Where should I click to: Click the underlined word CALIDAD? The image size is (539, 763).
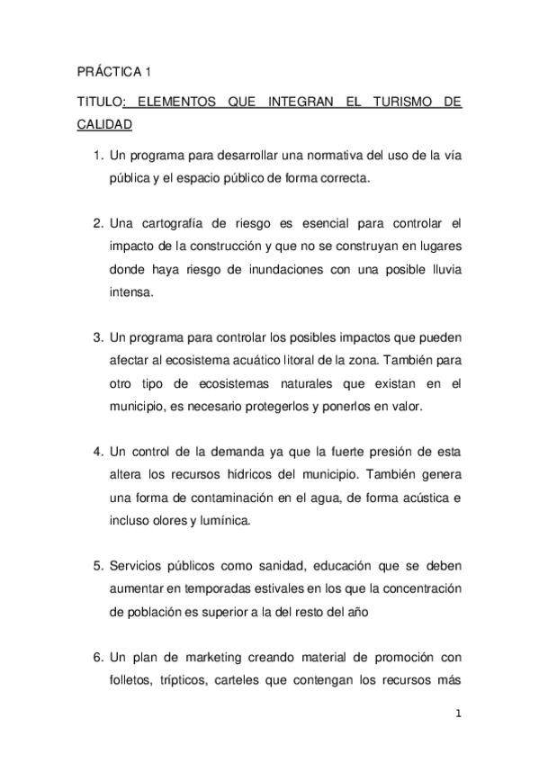coord(103,125)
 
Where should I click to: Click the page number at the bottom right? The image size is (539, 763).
coord(459,714)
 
